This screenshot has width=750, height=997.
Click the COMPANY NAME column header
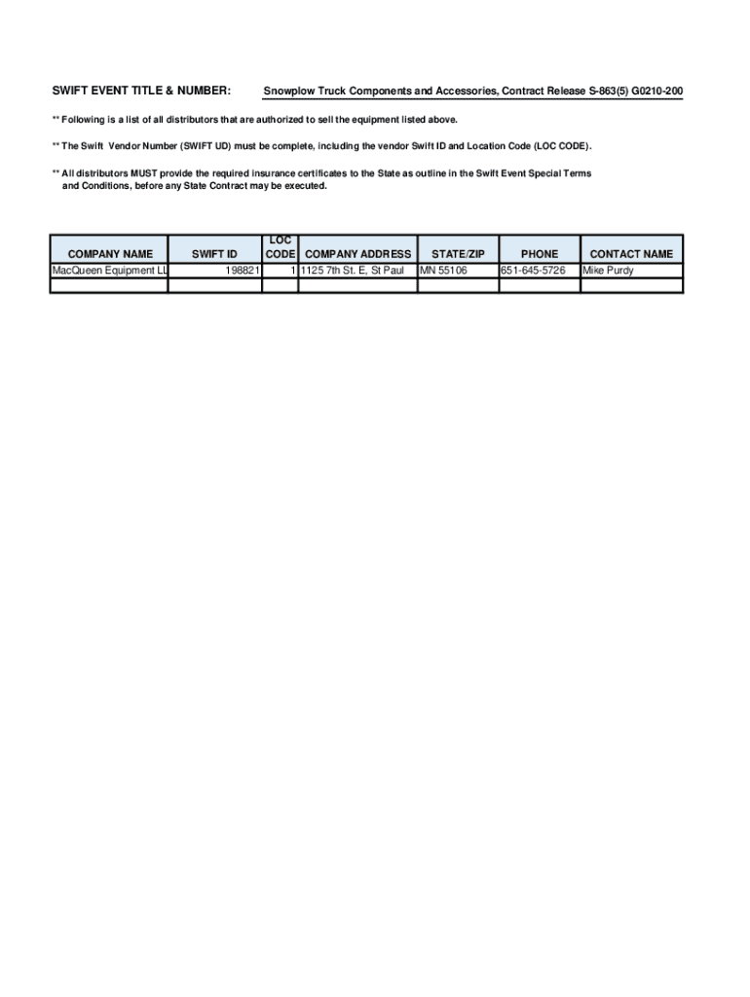coord(110,254)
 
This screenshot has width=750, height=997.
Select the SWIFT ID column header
coord(214,254)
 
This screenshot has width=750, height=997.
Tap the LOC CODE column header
coord(281,247)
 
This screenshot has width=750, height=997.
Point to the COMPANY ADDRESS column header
coord(358,254)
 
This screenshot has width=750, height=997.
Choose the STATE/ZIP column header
coord(458,254)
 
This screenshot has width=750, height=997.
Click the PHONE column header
coord(540,254)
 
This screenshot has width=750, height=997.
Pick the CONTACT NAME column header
coord(631,254)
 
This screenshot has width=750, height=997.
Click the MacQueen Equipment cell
coord(109,271)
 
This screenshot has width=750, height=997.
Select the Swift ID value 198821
coord(239,271)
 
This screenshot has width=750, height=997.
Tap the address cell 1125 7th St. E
coord(352,271)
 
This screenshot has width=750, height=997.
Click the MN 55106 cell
coord(443,271)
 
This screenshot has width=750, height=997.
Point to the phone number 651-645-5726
coord(533,271)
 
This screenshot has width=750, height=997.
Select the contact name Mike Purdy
coord(608,271)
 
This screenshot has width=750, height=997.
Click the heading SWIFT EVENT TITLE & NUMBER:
coord(141,92)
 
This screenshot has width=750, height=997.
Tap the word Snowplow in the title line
coord(290,92)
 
